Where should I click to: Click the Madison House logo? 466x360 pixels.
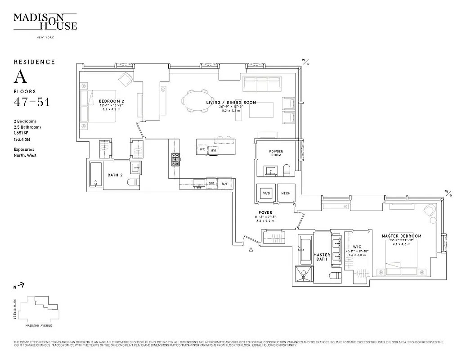pos(45,22)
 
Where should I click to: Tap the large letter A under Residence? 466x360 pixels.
pos(21,77)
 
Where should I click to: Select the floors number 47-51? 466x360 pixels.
pos(31,102)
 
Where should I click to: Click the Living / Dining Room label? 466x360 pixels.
pos(231,103)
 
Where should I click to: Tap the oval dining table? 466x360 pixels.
pos(197,99)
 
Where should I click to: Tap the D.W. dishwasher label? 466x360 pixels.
pos(211,184)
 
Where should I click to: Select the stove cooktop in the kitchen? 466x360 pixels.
pos(175,158)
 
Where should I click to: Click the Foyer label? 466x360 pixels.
pos(265,212)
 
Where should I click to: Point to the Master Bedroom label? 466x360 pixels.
pos(402,236)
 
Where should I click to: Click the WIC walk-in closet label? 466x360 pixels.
pos(358,247)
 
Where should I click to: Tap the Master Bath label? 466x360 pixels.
pos(322,257)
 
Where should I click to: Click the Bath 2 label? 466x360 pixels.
pos(115,175)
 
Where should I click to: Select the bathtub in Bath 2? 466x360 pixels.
pos(96,175)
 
